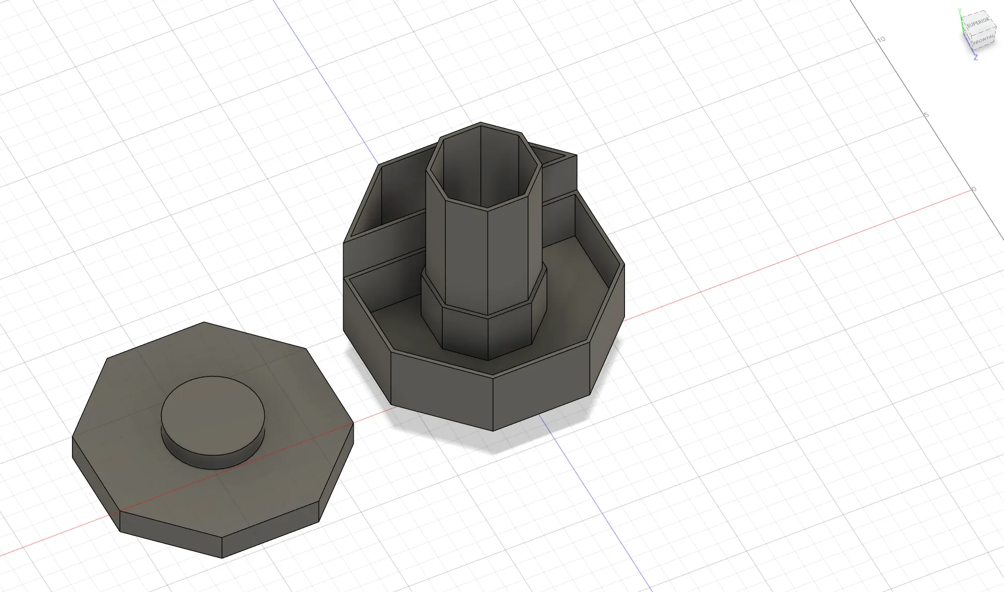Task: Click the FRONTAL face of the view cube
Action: (982, 40)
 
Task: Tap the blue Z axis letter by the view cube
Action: (976, 57)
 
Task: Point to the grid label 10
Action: (881, 39)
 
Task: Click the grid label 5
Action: (927, 114)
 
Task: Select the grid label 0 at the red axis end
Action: (974, 189)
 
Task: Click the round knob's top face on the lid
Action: (213, 414)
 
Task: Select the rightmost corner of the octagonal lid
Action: (354, 424)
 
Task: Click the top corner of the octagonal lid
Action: (204, 322)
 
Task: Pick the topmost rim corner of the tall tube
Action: (481, 123)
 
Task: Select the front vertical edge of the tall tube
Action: (487, 259)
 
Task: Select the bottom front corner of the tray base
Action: (493, 430)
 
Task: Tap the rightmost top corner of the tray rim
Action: (624, 265)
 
